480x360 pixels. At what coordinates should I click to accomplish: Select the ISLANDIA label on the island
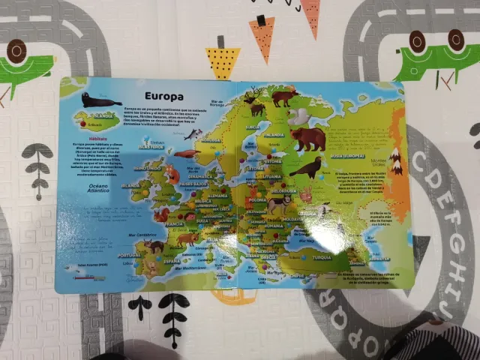click(97, 116)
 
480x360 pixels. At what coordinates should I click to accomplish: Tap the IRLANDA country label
click(130, 184)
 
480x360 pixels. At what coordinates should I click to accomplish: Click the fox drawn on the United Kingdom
click(172, 175)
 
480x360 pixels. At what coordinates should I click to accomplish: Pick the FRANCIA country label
click(174, 223)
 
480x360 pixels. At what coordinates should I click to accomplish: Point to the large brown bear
click(308, 139)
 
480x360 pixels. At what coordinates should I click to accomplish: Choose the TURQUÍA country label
click(321, 256)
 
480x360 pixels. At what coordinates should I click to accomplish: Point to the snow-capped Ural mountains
click(395, 160)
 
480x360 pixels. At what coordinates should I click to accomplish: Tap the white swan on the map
click(298, 115)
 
